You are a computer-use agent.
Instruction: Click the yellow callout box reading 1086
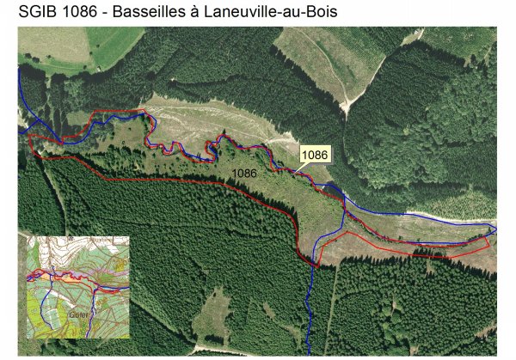tap(316, 154)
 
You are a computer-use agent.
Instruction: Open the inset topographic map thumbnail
tap(77, 287)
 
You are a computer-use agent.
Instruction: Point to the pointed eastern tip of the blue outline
tap(496, 229)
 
